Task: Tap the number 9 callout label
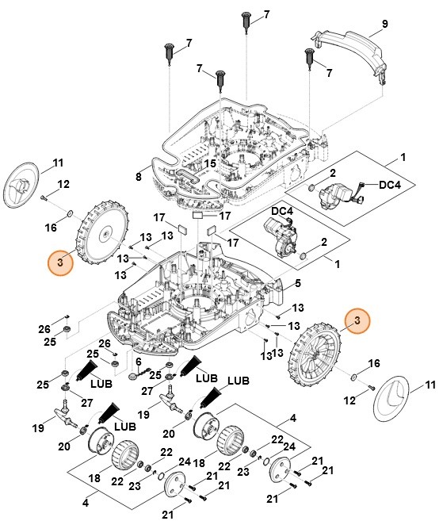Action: pyautogui.click(x=384, y=25)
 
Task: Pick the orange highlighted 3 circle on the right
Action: pyautogui.click(x=357, y=320)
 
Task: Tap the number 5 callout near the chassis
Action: pyautogui.click(x=297, y=283)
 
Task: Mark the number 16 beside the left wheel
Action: pyautogui.click(x=51, y=228)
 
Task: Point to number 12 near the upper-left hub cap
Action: pyautogui.click(x=64, y=184)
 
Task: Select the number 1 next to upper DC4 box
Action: pyautogui.click(x=403, y=158)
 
